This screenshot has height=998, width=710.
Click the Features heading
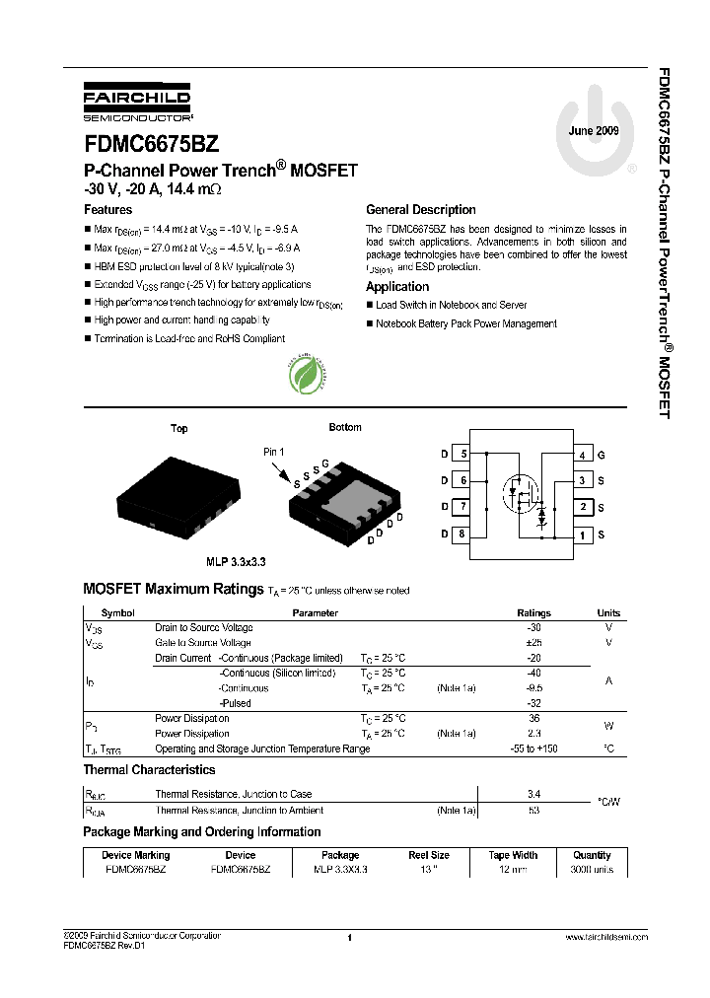tap(107, 210)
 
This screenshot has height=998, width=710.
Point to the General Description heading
tap(420, 210)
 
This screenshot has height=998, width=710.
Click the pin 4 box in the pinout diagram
tap(583, 455)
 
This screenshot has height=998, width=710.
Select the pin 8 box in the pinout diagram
tap(461, 535)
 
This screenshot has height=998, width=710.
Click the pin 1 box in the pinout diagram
tap(583, 535)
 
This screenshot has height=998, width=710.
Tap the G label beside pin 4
tap(602, 455)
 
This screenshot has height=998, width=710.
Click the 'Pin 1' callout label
tap(273, 452)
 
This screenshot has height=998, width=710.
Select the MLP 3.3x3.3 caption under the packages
tap(234, 561)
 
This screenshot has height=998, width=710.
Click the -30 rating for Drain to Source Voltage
tap(534, 628)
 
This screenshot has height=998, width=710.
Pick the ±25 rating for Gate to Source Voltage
tap(534, 643)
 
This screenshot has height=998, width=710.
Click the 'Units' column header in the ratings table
tap(608, 612)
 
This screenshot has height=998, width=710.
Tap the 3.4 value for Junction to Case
tap(534, 793)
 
